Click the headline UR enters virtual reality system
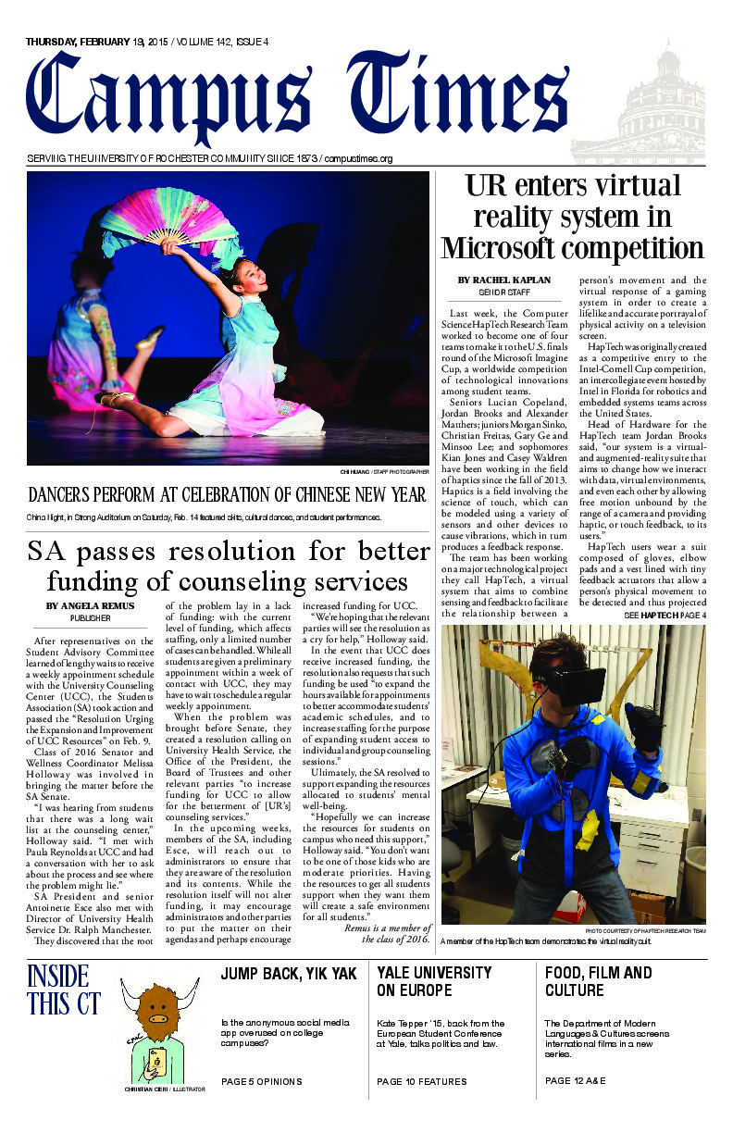572,217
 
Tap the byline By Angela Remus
90,606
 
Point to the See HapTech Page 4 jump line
652,616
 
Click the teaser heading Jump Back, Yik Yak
289,974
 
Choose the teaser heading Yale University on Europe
433,981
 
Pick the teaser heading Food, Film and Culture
599,981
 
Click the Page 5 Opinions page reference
261,1081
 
